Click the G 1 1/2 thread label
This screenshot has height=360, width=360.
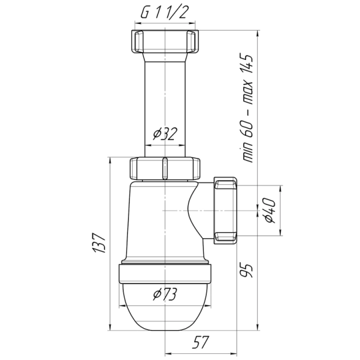[x=163, y=13]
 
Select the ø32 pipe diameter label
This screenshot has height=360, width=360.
[x=165, y=134]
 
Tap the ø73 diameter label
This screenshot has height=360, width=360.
[x=165, y=294]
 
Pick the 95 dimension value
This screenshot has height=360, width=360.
[x=246, y=271]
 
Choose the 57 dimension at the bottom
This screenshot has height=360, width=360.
[x=201, y=342]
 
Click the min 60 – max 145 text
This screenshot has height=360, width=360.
[x=246, y=108]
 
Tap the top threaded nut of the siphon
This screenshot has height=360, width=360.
[x=165, y=42]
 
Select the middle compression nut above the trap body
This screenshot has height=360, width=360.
[x=165, y=168]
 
